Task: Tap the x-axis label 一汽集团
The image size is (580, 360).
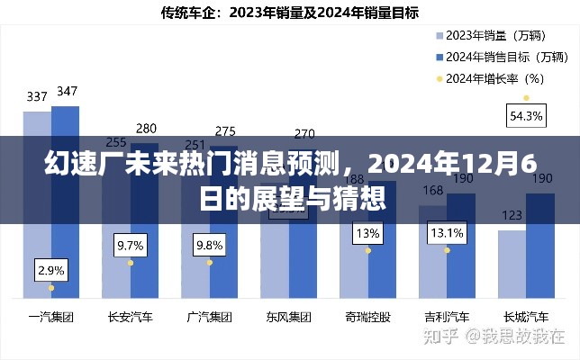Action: (50, 318)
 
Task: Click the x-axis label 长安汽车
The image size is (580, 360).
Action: (131, 318)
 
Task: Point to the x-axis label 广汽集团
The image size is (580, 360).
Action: (210, 318)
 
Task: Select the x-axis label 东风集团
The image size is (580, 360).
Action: (288, 318)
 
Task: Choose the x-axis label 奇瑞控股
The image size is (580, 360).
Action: (367, 318)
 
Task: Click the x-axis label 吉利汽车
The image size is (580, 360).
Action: (447, 318)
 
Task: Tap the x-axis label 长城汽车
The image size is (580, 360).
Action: (526, 318)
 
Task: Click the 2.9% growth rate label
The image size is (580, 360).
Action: (51, 270)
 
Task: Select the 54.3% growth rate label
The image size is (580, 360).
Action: (526, 115)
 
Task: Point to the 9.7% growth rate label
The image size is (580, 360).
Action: (131, 245)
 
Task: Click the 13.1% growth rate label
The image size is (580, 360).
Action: (447, 233)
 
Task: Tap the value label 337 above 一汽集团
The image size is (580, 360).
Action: (37, 96)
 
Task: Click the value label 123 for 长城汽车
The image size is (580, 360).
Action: (512, 215)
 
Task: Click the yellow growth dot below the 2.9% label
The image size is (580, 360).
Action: (51, 288)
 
